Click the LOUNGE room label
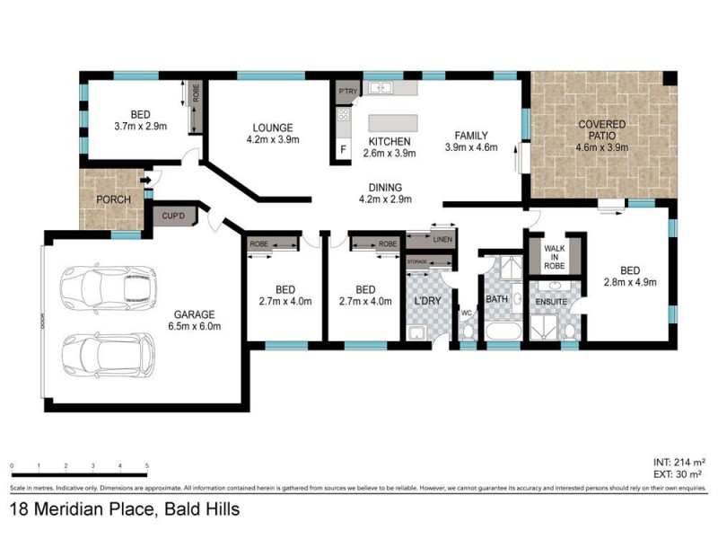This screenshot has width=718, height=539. [273, 128]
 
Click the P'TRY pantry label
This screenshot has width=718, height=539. [347, 92]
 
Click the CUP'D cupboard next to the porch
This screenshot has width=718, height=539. [173, 216]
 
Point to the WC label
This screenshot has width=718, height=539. [467, 313]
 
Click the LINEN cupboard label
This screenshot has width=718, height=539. [442, 240]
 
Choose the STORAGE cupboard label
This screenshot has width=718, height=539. [417, 261]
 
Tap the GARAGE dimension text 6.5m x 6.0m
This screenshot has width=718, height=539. [194, 326]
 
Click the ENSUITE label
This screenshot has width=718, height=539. [551, 302]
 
